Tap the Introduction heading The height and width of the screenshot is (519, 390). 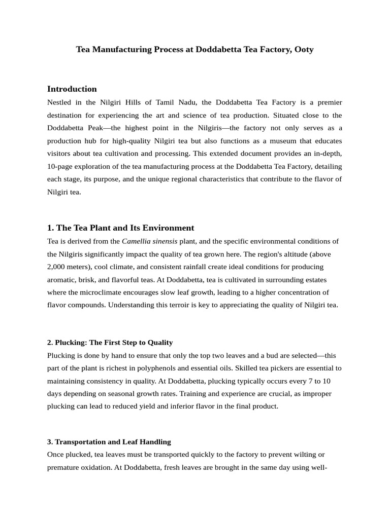tap(72, 89)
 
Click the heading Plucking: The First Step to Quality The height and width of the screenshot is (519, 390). tap(110, 343)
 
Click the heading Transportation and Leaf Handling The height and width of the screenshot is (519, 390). tap(109, 442)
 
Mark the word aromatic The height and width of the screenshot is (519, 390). tap(61, 280)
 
